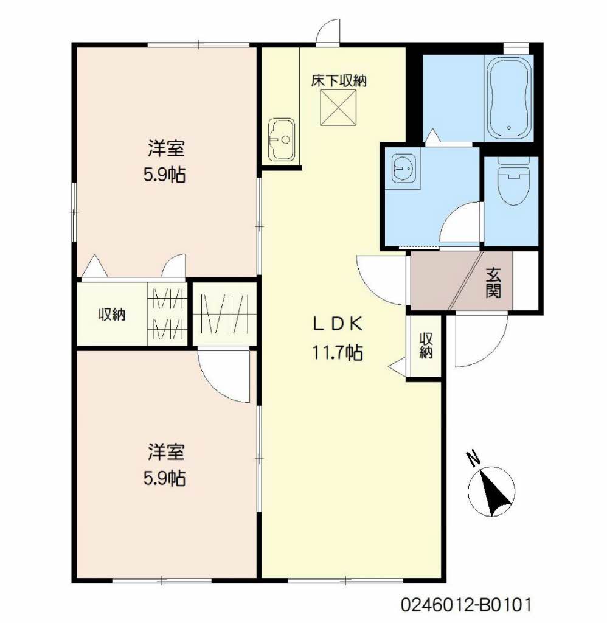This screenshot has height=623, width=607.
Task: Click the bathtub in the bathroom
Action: click(x=508, y=98)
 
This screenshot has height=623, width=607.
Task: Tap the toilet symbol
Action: click(x=513, y=181)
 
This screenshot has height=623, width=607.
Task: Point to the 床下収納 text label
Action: click(x=338, y=81)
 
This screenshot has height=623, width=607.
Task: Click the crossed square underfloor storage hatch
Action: click(x=338, y=107)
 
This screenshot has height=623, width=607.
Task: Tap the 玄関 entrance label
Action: click(x=493, y=282)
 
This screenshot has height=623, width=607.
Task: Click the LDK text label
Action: click(x=338, y=325)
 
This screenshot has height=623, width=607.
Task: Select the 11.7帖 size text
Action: click(x=338, y=352)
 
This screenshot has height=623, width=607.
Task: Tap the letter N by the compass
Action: click(x=474, y=458)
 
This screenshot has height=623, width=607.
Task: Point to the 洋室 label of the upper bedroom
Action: click(x=165, y=148)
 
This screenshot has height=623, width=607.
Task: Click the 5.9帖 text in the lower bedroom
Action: click(x=164, y=478)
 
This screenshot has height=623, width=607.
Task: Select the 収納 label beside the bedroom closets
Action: click(x=112, y=315)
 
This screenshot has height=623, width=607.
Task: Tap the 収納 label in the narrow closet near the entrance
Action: click(x=426, y=345)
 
